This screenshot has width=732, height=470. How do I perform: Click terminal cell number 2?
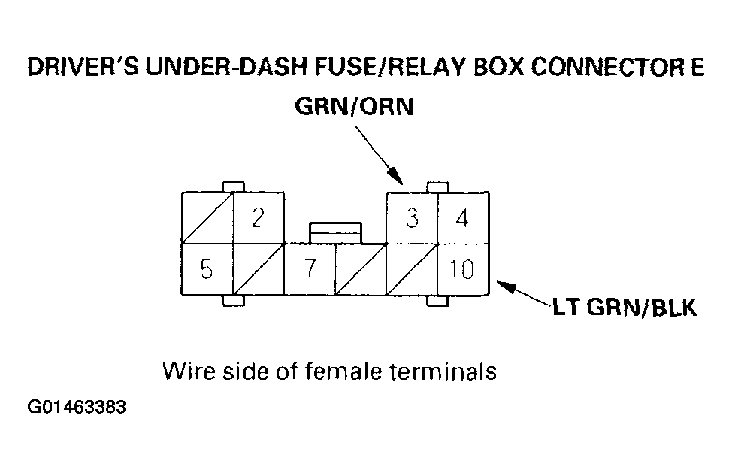tap(259, 218)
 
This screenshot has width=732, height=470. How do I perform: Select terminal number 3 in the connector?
tap(412, 218)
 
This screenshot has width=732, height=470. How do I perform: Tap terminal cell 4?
tap(463, 218)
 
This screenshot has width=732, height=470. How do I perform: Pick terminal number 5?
tap(207, 268)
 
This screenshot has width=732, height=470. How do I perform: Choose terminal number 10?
tap(463, 268)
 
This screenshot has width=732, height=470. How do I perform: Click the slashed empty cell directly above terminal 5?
tap(207, 218)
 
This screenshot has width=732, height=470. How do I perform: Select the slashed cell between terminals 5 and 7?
tap(259, 268)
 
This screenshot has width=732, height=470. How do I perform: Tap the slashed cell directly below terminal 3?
tap(412, 268)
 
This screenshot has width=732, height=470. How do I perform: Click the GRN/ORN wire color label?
tap(354, 108)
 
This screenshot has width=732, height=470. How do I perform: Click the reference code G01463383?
tap(76, 409)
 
